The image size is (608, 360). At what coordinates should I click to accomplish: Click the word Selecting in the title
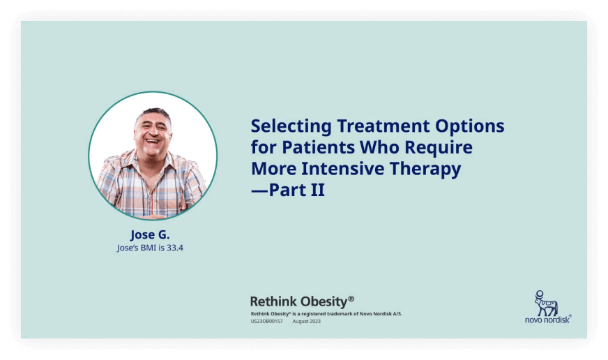click(x=291, y=126)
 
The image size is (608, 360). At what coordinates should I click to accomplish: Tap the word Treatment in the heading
click(x=383, y=126)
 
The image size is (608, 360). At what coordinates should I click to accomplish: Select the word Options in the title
click(x=469, y=126)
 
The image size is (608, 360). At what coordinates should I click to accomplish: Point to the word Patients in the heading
click(x=319, y=147)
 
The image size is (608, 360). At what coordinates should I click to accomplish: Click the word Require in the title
click(x=439, y=148)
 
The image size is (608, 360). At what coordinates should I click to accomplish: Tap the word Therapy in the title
click(x=425, y=169)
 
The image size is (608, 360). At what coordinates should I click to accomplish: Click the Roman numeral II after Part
click(x=317, y=190)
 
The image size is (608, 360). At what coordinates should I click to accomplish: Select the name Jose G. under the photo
click(x=150, y=234)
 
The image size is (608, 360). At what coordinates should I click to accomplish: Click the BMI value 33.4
click(x=175, y=248)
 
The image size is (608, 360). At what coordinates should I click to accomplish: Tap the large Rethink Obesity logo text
click(x=298, y=301)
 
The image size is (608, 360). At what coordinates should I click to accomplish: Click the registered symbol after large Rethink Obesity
click(x=351, y=299)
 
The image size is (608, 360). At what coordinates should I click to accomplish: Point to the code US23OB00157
click(x=267, y=321)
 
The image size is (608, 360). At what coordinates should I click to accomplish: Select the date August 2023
click(x=306, y=321)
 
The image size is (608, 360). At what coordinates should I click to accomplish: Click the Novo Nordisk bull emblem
click(x=546, y=303)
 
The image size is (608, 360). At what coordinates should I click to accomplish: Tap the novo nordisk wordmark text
click(x=547, y=320)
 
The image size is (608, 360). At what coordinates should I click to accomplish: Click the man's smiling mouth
click(x=153, y=141)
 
